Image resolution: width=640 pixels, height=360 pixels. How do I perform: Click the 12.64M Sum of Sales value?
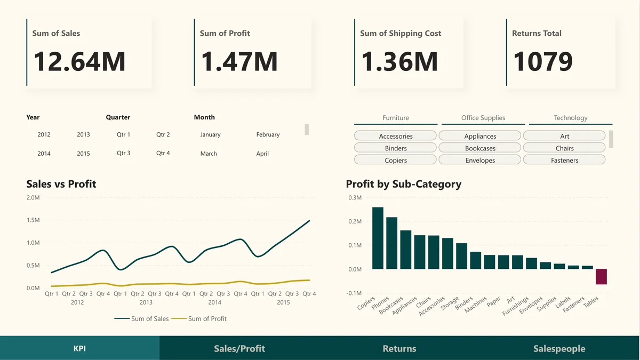coord(79,61)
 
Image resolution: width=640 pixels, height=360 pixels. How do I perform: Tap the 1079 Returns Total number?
coord(543,61)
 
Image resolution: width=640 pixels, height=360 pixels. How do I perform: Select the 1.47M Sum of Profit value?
coord(239,61)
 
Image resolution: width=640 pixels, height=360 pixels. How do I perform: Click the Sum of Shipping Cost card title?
coord(400,33)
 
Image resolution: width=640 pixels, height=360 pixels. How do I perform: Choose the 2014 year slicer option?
coord(44,154)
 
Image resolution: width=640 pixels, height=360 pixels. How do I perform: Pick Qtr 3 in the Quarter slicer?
coord(123,153)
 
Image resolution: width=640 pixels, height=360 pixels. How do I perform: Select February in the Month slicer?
coord(268,135)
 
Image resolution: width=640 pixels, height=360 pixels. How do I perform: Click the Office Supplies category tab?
coord(483,118)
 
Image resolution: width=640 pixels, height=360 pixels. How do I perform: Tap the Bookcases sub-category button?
coord(480,148)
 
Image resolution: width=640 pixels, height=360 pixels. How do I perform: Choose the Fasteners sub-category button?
coord(564,160)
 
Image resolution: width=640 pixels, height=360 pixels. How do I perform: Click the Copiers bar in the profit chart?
coord(378,238)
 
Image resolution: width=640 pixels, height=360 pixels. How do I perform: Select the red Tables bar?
coord(601,276)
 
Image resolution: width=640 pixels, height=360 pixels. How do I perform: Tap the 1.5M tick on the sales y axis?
coord(33,220)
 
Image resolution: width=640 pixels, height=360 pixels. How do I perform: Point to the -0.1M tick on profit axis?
coord(354,293)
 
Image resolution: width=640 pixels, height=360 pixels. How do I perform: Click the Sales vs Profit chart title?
coord(61,184)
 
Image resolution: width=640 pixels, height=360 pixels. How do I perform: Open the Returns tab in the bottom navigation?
coord(399,349)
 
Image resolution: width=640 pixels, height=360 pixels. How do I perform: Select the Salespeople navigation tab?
coord(559,349)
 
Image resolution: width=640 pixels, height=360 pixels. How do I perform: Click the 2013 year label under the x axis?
coord(146,302)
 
